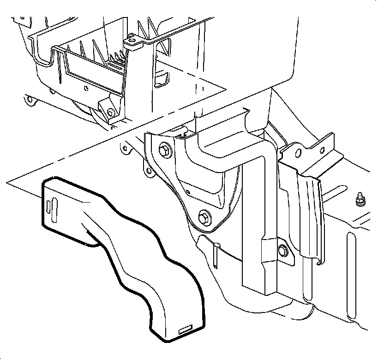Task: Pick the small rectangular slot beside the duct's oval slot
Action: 48,206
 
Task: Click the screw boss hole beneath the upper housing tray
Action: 110,113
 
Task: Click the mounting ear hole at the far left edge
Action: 29,98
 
